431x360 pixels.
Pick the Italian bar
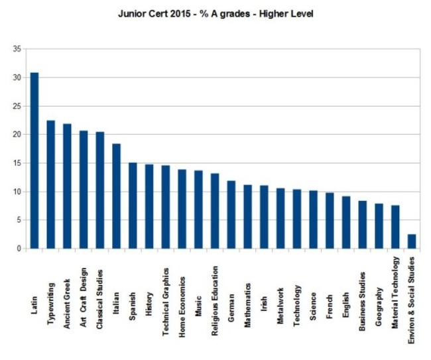[x=117, y=196]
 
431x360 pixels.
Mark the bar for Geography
[x=379, y=226]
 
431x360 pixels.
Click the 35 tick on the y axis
[x=17, y=49]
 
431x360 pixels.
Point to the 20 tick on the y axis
[x=17, y=135]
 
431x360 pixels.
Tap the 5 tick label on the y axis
[x=19, y=220]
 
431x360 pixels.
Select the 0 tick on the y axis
[x=19, y=249]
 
